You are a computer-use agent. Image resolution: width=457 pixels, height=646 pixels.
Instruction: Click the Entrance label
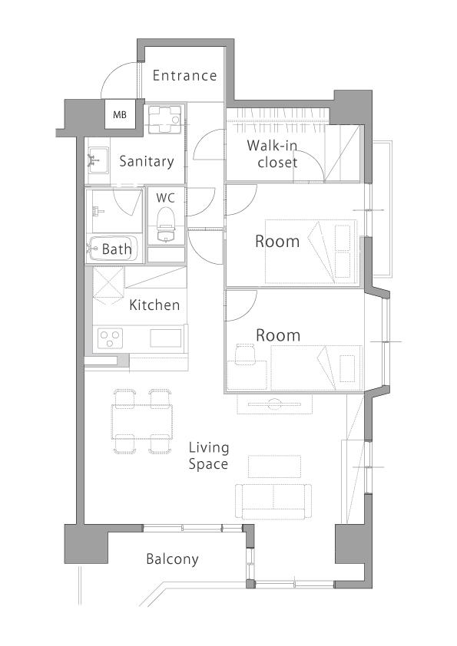[x=184, y=75]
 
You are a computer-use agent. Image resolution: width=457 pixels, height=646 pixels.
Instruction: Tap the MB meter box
[x=120, y=114]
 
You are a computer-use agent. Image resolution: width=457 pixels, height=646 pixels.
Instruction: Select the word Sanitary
[x=147, y=161]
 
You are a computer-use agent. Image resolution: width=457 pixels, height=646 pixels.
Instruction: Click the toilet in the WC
[x=165, y=225]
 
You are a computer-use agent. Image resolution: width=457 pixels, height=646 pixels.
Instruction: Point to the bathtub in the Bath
[x=113, y=249]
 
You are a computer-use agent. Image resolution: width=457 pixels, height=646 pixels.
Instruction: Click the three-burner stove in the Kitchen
[x=110, y=338]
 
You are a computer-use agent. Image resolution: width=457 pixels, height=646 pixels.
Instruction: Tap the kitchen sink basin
[x=165, y=338]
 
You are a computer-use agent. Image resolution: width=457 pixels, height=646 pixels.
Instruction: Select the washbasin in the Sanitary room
[x=98, y=160]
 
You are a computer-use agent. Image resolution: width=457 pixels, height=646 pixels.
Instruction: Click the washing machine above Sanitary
[x=164, y=120]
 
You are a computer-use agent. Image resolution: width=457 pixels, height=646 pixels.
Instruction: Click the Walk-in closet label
[x=272, y=153]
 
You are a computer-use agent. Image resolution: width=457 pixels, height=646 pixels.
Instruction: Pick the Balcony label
[x=172, y=559]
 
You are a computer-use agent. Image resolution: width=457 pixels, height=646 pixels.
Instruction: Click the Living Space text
[x=208, y=456]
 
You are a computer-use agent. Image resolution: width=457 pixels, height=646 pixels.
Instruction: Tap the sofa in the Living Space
[x=273, y=501]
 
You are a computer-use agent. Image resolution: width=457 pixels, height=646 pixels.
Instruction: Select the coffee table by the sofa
[x=274, y=466]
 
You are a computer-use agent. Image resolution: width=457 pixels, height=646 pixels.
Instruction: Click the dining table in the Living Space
[x=142, y=421]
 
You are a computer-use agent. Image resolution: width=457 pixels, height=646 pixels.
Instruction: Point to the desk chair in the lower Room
[x=246, y=354]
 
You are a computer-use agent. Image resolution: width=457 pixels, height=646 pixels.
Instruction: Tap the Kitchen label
[x=154, y=305]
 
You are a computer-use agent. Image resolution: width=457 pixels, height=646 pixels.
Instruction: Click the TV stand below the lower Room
[x=275, y=404]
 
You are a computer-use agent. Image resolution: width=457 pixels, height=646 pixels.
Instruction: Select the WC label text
[x=165, y=198]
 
